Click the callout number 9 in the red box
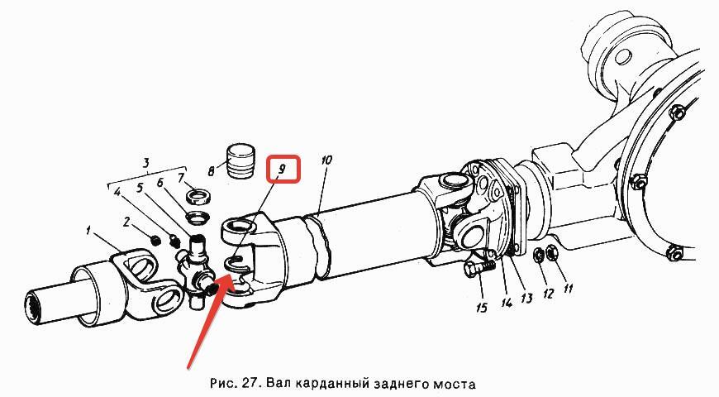click(x=282, y=170)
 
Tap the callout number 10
click(x=326, y=160)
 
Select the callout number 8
click(x=211, y=172)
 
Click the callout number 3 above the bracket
click(x=145, y=163)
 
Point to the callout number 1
click(x=88, y=230)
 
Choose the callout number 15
click(x=482, y=307)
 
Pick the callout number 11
click(x=568, y=288)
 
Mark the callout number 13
click(x=526, y=299)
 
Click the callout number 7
click(x=181, y=177)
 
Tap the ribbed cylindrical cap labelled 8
click(x=240, y=161)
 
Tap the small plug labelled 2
click(x=155, y=239)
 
